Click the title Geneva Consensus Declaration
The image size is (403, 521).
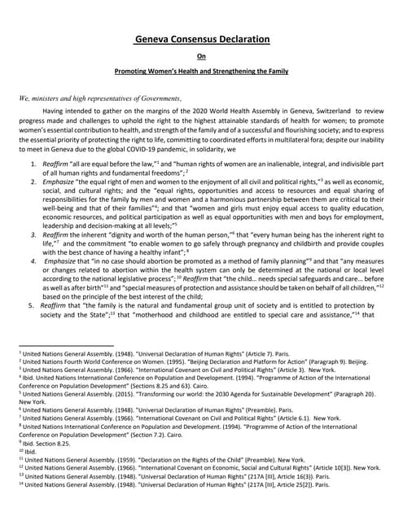pyautogui.click(x=201, y=38)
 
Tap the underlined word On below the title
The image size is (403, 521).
pyautogui.click(x=201, y=56)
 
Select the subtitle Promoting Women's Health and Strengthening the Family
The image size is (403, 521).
pyautogui.click(x=201, y=72)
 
